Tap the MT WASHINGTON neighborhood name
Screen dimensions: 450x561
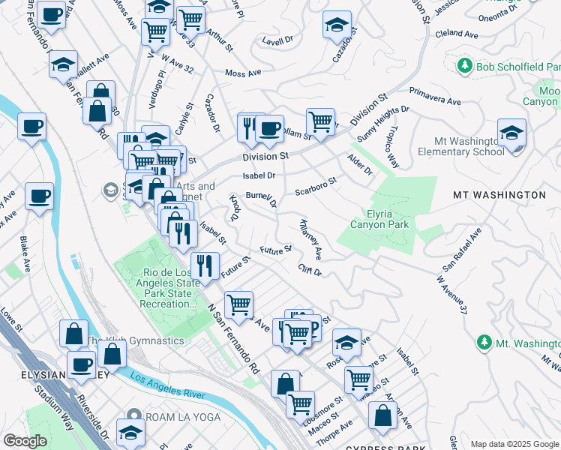click(x=499, y=195)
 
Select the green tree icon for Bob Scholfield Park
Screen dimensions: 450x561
click(x=464, y=66)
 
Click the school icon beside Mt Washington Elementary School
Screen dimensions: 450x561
click(x=511, y=133)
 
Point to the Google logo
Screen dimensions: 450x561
click(x=25, y=441)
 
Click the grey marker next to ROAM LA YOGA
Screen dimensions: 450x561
click(x=133, y=415)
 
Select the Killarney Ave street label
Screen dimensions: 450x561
click(x=311, y=238)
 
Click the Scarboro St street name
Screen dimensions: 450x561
click(x=316, y=184)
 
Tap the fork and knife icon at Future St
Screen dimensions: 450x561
click(x=204, y=265)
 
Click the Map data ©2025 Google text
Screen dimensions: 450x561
click(x=514, y=444)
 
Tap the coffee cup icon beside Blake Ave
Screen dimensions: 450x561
click(x=39, y=196)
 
